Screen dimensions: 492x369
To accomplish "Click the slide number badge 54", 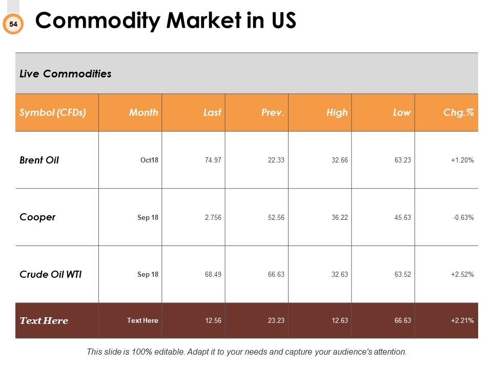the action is click(13, 24).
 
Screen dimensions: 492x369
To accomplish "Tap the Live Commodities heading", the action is click(65, 74).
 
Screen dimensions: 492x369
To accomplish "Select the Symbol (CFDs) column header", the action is click(53, 112).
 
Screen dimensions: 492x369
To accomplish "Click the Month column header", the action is click(143, 112).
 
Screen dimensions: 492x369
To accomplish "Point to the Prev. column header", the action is click(273, 112).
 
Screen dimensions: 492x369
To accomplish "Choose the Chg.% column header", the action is click(458, 112).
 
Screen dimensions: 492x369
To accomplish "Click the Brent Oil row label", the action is click(39, 160).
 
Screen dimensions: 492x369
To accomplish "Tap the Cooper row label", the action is click(37, 217).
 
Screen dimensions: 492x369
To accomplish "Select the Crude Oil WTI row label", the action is click(51, 274).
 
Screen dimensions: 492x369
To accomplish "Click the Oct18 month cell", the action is click(149, 160).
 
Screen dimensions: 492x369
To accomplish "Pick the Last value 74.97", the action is click(213, 160).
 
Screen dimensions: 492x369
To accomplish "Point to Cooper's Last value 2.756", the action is click(213, 217).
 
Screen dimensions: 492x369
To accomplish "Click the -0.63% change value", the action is click(463, 217).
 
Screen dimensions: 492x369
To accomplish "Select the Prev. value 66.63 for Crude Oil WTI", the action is click(276, 274).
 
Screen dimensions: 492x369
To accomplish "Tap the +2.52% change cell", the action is click(462, 274).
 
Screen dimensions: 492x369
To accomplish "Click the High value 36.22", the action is click(340, 217).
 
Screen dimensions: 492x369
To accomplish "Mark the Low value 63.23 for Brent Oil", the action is click(403, 160).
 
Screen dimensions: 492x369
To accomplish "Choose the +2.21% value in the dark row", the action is click(462, 320).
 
